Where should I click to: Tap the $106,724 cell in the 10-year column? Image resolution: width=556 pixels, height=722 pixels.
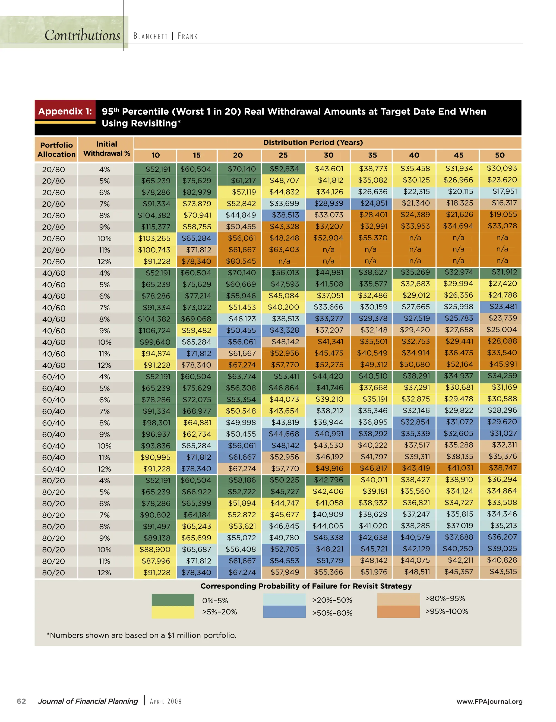155,330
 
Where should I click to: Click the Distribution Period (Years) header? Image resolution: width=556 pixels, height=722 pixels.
313,143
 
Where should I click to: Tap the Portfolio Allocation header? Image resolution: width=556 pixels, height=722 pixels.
56,149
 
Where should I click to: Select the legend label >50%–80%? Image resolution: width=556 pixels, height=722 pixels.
332,613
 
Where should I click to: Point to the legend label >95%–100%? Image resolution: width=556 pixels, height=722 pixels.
446,611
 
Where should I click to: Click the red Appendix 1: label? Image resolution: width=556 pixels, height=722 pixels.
65,111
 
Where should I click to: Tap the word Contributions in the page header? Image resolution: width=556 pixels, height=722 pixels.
82,35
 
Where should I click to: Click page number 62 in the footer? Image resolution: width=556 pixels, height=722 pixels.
21,701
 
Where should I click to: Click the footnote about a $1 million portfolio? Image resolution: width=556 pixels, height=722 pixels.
142,635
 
